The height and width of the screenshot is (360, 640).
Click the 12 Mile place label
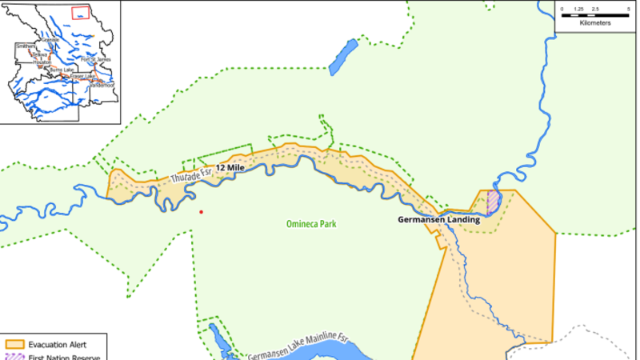(x=230, y=168)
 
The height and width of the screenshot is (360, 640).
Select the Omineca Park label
(x=312, y=224)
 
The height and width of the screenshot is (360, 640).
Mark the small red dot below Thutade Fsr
(x=202, y=212)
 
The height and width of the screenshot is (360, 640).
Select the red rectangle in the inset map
(x=80, y=12)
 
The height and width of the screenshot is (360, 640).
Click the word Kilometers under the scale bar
(x=595, y=23)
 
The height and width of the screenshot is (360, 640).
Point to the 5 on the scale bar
(x=628, y=9)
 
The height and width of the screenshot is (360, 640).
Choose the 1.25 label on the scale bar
(x=578, y=9)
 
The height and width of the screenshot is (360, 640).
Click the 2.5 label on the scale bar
(x=595, y=9)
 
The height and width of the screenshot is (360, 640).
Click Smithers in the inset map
(x=26, y=46)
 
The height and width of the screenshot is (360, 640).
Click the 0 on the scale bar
(x=562, y=9)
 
